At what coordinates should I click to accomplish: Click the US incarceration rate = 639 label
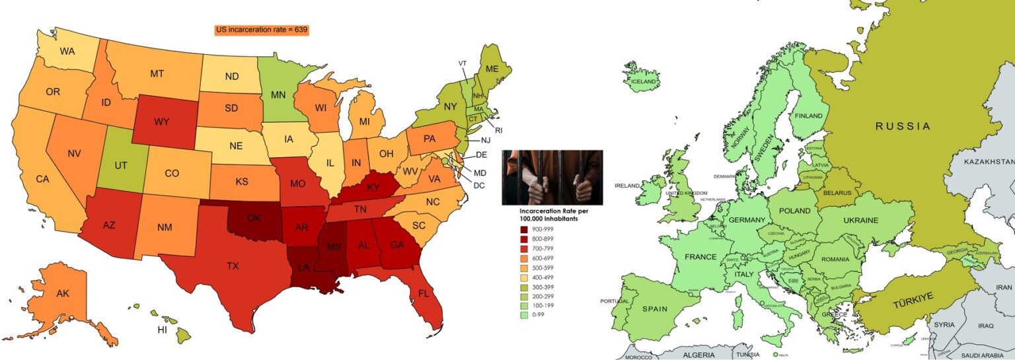click(x=262, y=30)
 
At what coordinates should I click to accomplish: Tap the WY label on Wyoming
click(x=162, y=122)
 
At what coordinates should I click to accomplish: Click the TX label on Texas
click(x=233, y=266)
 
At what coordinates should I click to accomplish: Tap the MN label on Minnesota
click(x=278, y=94)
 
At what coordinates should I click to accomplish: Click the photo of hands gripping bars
click(x=552, y=177)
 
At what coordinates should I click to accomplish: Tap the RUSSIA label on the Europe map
click(x=903, y=126)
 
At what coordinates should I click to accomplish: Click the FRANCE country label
click(x=700, y=257)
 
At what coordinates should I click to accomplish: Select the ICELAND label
click(x=644, y=81)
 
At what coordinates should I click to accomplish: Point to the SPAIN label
click(x=654, y=309)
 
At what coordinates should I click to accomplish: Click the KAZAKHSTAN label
click(x=989, y=162)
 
